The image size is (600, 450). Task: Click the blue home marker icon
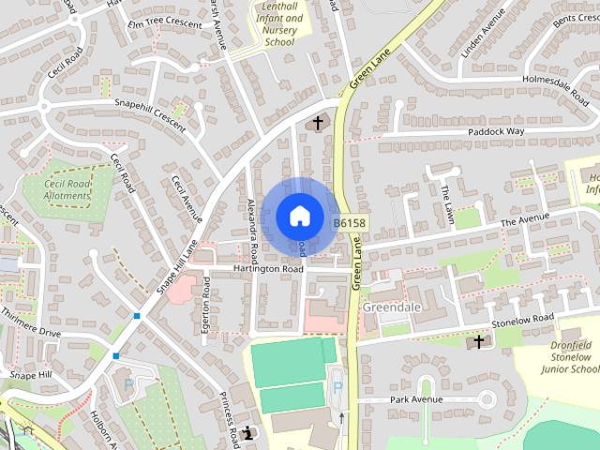click(299, 216)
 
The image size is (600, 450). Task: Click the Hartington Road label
click(269, 269)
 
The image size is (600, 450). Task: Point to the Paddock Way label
click(496, 132)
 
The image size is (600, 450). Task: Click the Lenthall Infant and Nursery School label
click(279, 24)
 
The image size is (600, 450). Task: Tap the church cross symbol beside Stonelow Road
click(479, 342)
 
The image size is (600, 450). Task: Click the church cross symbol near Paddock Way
click(317, 123)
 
